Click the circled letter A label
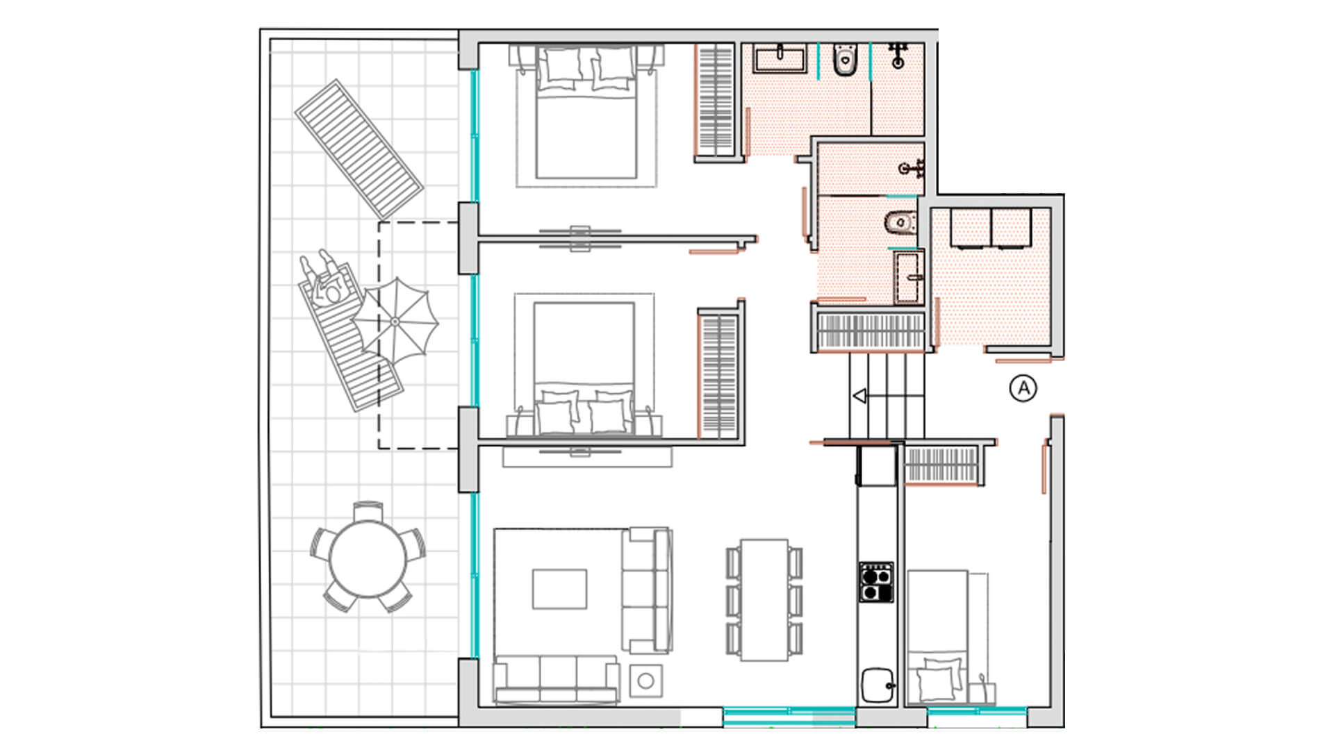point(1023,388)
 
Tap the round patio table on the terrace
point(368,558)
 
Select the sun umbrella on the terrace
point(395,322)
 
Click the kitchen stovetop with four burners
point(876,582)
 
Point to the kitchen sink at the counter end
point(878,685)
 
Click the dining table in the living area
point(764,599)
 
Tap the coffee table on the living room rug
point(559,589)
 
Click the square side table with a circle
point(645,681)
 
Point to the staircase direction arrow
point(859,397)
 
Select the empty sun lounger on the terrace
point(359,148)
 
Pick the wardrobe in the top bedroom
point(716,102)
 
